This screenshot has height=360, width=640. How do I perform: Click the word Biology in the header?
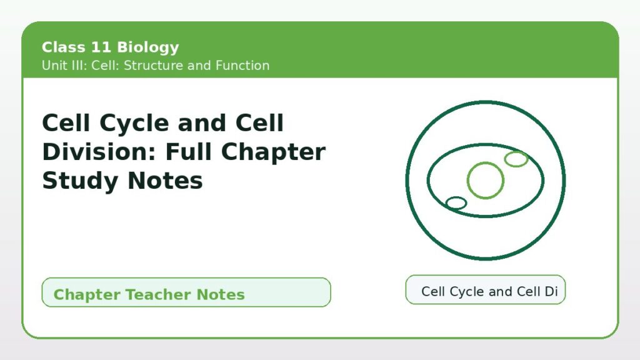[x=147, y=47]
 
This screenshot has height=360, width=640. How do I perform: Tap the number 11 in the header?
[x=101, y=47]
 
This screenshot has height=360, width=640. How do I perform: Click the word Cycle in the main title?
[x=134, y=124]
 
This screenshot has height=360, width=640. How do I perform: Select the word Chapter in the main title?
[x=273, y=152]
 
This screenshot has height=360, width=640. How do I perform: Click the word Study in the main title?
[x=81, y=181]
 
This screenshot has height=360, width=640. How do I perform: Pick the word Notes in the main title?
[x=165, y=181]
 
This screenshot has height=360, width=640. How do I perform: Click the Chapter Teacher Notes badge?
[x=186, y=292]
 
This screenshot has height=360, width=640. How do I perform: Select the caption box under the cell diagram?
[x=485, y=290]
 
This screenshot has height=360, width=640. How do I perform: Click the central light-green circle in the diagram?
[x=485, y=163]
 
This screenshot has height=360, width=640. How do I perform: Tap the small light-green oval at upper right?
[x=516, y=152]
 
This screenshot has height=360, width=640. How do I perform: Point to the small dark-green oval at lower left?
[x=456, y=197]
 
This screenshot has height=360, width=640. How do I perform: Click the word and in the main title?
[x=202, y=123]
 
